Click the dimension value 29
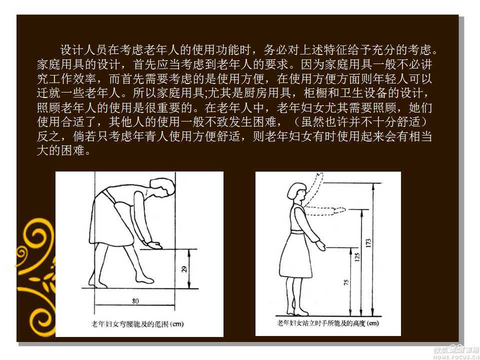point(184,269)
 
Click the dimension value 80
point(135,301)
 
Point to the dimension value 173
point(368,243)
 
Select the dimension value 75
point(346,282)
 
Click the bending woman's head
point(161,188)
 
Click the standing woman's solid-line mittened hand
point(321,245)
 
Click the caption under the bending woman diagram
point(137,324)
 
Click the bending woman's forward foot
point(144,279)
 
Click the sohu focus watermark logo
point(455,352)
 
